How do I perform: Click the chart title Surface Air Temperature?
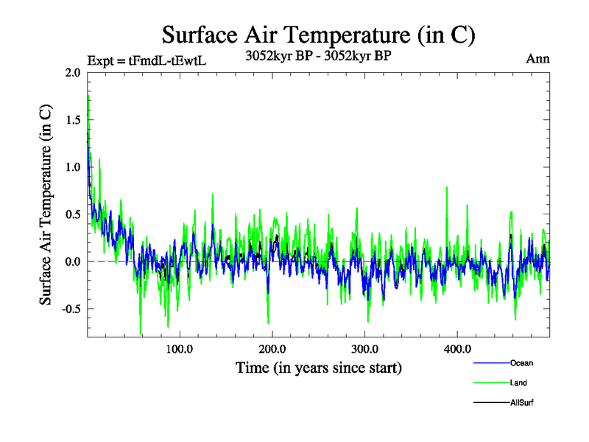[318, 34]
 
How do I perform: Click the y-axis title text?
[46, 204]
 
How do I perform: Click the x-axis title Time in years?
[319, 367]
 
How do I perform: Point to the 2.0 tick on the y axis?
[74, 72]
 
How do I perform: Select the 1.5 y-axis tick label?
[74, 119]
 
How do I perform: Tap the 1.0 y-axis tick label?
[74, 166]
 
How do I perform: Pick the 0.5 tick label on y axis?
[74, 214]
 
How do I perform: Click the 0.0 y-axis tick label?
[74, 261]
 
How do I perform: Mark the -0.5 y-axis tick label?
[71, 308]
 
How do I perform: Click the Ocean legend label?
[521, 363]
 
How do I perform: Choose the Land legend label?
[518, 383]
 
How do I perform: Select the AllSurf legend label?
[521, 403]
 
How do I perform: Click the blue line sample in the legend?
[490, 363]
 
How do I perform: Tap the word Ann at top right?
[537, 59]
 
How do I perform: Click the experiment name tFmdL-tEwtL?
[167, 60]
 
